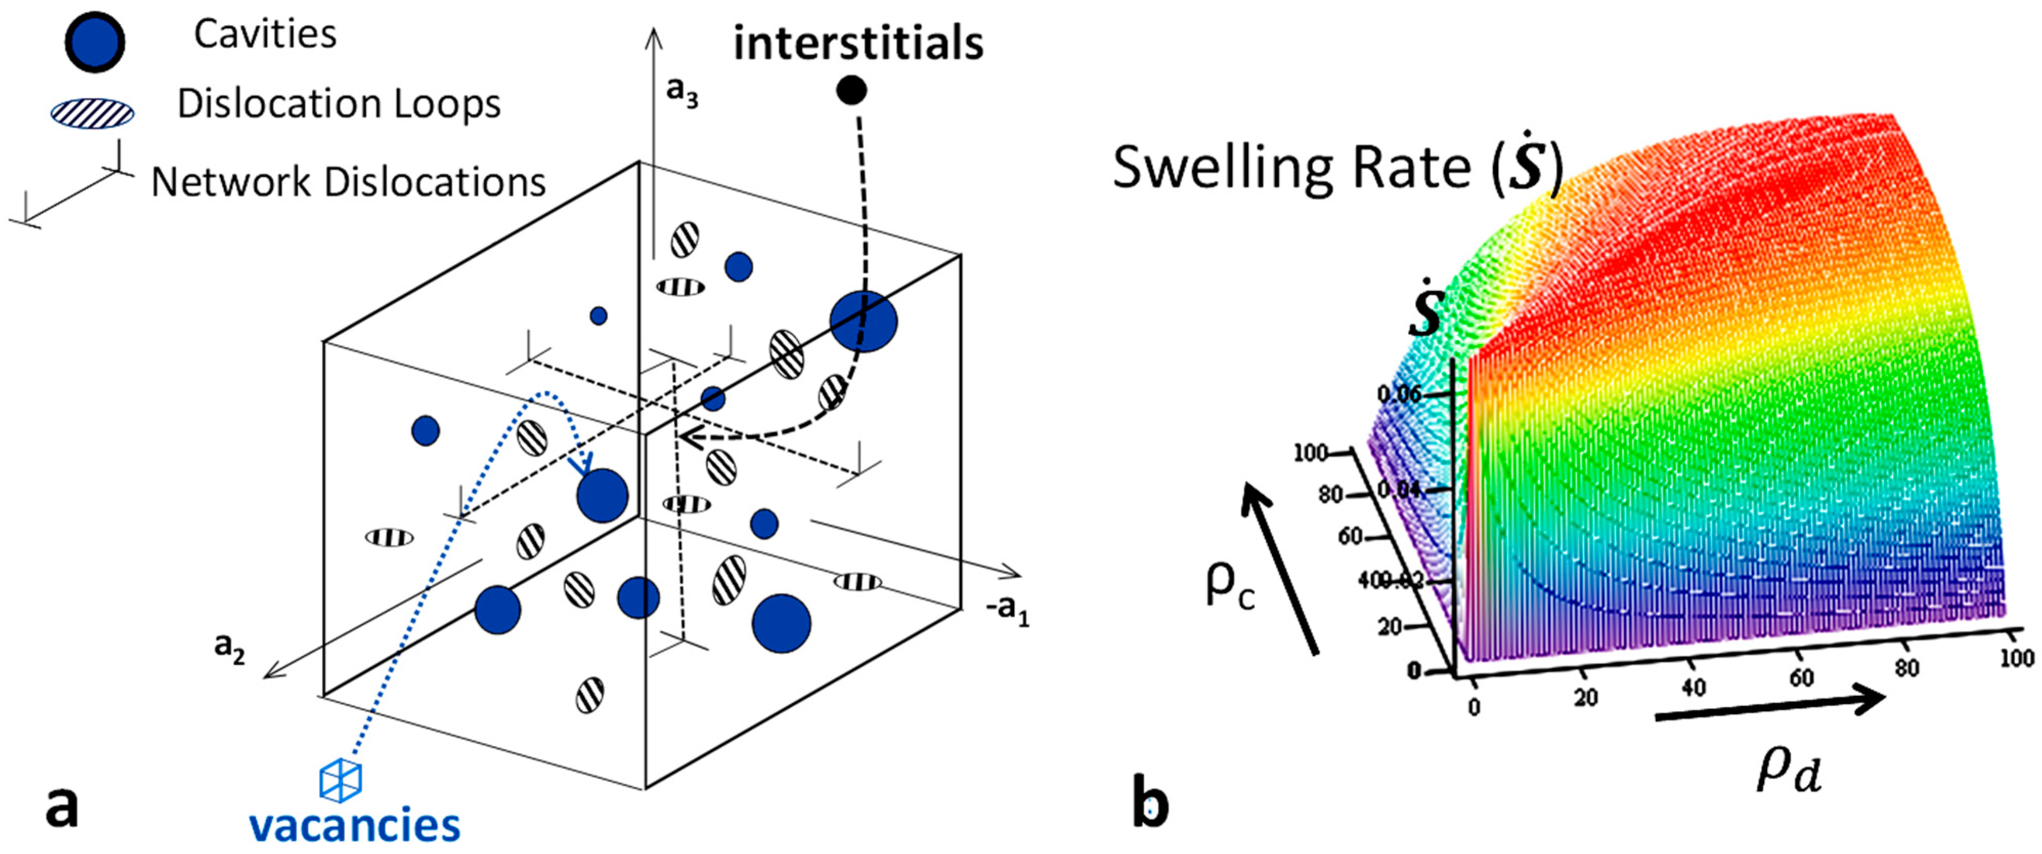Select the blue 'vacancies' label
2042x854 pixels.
(x=355, y=825)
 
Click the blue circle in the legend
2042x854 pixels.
(x=94, y=41)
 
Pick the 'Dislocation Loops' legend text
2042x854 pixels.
(x=339, y=104)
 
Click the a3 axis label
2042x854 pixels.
(x=682, y=92)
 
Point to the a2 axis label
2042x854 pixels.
(x=230, y=646)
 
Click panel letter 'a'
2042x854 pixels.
(x=62, y=807)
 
